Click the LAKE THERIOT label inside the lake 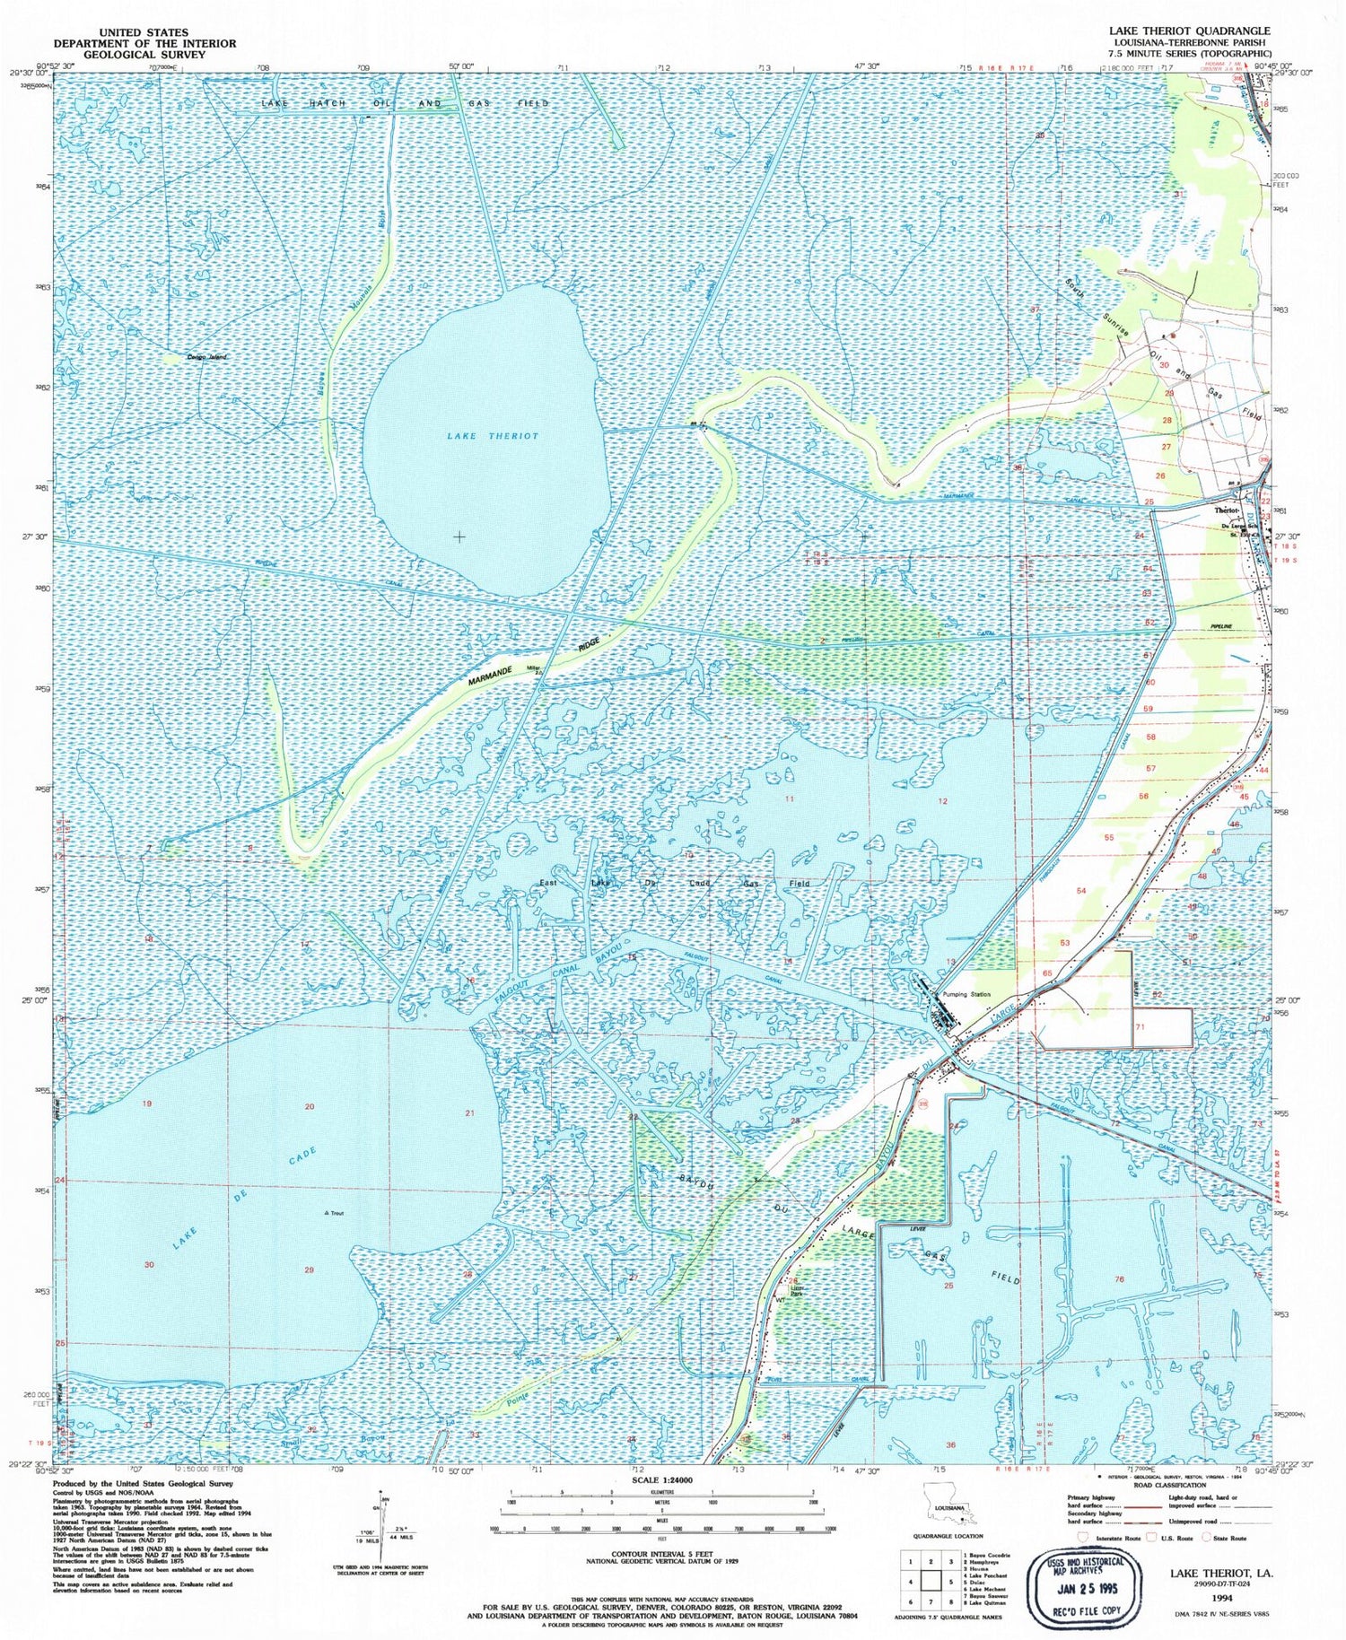pos(493,436)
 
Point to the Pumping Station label pos(966,995)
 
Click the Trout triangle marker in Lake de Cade pos(327,1214)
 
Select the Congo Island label pos(206,357)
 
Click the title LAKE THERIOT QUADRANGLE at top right pos(1190,31)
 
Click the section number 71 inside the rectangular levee pos(1141,1026)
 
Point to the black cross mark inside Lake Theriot pos(459,536)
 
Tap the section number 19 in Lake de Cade pos(147,1104)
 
